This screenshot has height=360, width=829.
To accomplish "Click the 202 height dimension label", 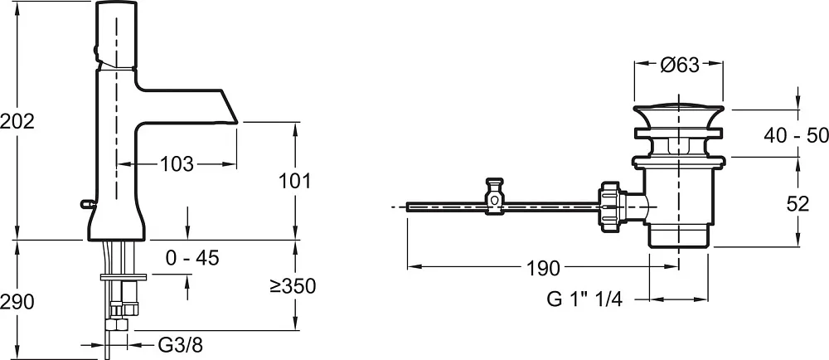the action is (x=17, y=122).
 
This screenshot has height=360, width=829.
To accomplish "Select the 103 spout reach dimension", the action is (x=177, y=164).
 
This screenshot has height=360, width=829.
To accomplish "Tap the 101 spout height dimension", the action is (x=295, y=181).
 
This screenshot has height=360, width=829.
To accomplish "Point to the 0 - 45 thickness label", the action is (x=192, y=258).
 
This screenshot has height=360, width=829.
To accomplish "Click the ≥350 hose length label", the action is (x=293, y=286).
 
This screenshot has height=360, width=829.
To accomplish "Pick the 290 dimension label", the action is (x=17, y=302).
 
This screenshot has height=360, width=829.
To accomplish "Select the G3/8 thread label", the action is (x=180, y=346).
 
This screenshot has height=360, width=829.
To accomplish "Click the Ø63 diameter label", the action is (x=680, y=65).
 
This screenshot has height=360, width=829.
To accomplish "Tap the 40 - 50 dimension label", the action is (x=796, y=135).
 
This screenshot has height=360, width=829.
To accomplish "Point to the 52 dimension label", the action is (x=797, y=203).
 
